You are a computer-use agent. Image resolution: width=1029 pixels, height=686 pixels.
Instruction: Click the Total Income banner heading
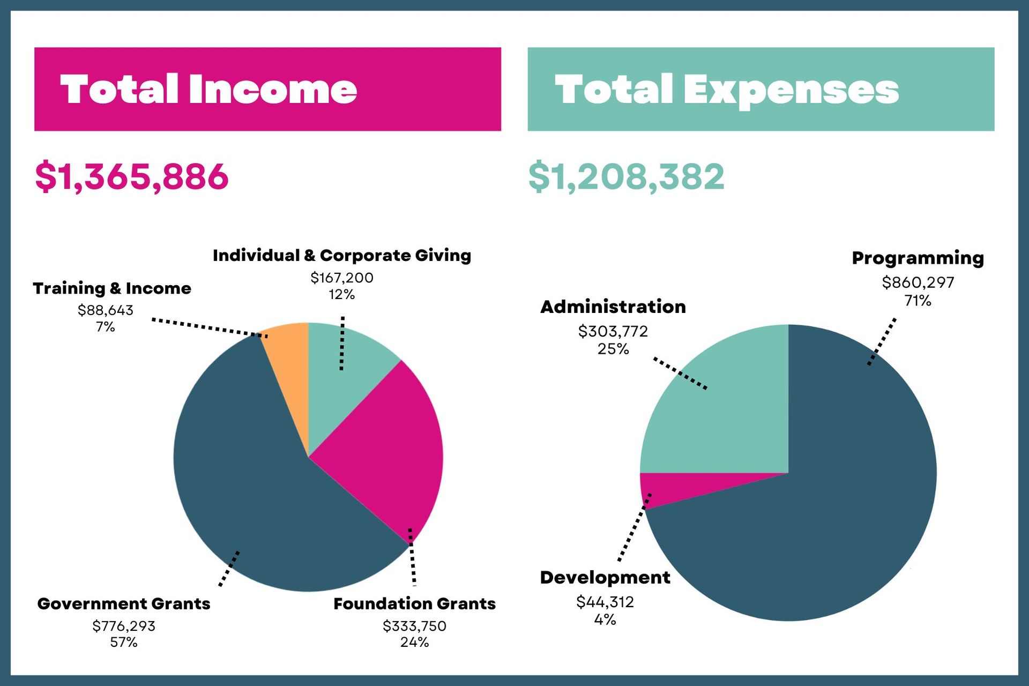pyautogui.click(x=208, y=89)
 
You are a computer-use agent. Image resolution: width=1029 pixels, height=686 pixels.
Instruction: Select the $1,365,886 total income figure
pyautogui.click(x=132, y=176)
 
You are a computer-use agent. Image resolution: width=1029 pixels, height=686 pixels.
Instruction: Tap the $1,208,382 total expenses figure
pyautogui.click(x=626, y=176)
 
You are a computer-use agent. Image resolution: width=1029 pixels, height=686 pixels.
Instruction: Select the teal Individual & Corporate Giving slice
pyautogui.click(x=343, y=386)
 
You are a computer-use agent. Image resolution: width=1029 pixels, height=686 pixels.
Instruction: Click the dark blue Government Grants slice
pyautogui.click(x=252, y=482)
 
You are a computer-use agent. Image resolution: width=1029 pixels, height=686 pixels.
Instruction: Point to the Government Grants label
pyautogui.click(x=124, y=603)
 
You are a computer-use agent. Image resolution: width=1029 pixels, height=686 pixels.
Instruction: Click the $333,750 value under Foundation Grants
pyautogui.click(x=414, y=626)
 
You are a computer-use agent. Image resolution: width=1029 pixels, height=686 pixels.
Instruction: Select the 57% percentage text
pyautogui.click(x=124, y=642)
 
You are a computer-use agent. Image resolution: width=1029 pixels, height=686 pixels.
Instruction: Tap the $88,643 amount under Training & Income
pyautogui.click(x=106, y=310)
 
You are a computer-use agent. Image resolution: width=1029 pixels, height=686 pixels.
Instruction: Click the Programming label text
pyautogui.click(x=918, y=258)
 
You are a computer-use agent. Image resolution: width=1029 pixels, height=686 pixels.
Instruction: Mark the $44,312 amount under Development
pyautogui.click(x=605, y=602)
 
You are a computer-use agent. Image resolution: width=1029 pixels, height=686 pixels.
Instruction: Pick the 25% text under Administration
pyautogui.click(x=613, y=349)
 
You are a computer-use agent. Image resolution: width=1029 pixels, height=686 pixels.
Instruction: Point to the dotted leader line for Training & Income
pyautogui.click(x=209, y=327)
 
